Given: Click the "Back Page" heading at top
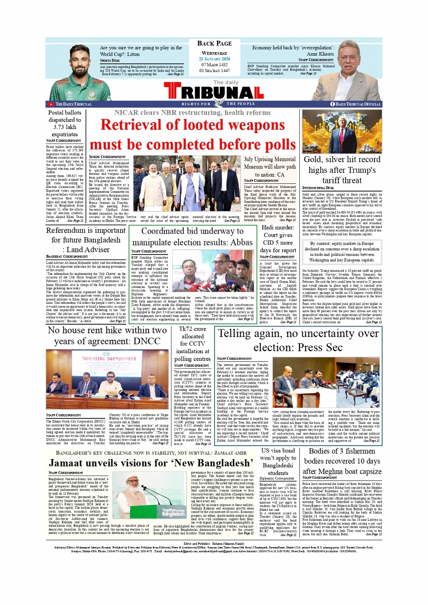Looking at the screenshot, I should click(x=214, y=43).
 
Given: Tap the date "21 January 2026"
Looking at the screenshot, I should click(x=214, y=59).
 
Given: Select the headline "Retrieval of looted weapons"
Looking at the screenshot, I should click(x=192, y=125).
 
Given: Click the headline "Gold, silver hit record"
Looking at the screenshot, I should click(x=342, y=159).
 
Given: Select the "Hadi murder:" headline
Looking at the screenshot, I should click(x=278, y=227).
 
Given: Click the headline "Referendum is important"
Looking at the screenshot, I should click(x=86, y=230).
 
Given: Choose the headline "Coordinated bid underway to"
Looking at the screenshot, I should click(x=192, y=231).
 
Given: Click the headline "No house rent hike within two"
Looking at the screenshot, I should click(x=107, y=331).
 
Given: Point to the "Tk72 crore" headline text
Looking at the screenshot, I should click(x=192, y=329).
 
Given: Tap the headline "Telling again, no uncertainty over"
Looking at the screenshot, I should click(x=298, y=334).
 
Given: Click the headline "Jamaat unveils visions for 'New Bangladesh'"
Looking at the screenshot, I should click(x=150, y=463).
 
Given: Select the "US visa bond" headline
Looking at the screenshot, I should click(x=278, y=451).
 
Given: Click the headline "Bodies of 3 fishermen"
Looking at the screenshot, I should click(x=342, y=451).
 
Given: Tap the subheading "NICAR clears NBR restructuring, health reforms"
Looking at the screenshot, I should click(x=192, y=112).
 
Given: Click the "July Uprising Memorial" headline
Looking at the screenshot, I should click(x=269, y=159).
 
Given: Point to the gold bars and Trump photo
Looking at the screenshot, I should click(x=342, y=131).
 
